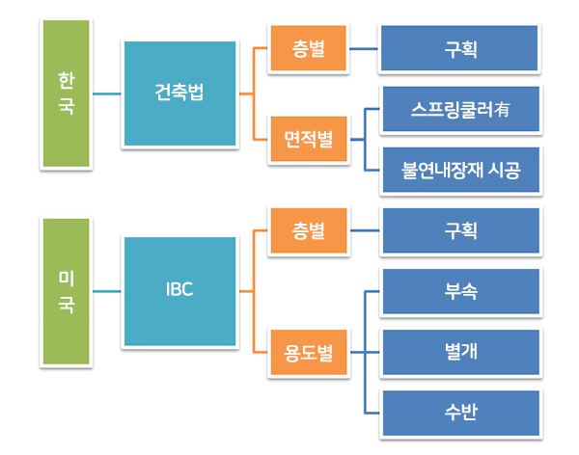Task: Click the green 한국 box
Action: (66, 94)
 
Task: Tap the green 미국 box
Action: (66, 291)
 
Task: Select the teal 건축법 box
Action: (179, 94)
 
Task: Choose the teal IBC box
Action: (179, 291)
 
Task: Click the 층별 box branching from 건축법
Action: (309, 48)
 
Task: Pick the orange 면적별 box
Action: (309, 139)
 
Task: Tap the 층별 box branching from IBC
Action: (309, 230)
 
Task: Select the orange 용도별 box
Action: (309, 352)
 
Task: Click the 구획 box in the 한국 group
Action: (459, 48)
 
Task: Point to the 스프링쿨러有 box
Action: (461, 109)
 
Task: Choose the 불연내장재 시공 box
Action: (461, 170)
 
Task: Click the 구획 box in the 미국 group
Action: (461, 230)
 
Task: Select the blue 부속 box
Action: (461, 291)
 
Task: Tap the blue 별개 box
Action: (461, 352)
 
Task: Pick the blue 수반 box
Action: (461, 413)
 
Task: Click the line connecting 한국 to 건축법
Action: (107, 94)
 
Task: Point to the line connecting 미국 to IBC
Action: (107, 291)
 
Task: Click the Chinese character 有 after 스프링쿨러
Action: (502, 109)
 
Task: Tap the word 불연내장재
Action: (442, 170)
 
